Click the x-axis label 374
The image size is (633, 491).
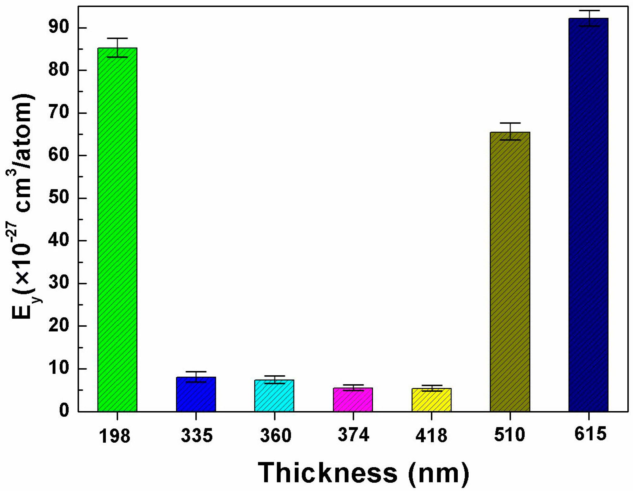353,435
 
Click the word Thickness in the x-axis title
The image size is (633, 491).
327,473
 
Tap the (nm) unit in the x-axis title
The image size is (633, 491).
438,473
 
